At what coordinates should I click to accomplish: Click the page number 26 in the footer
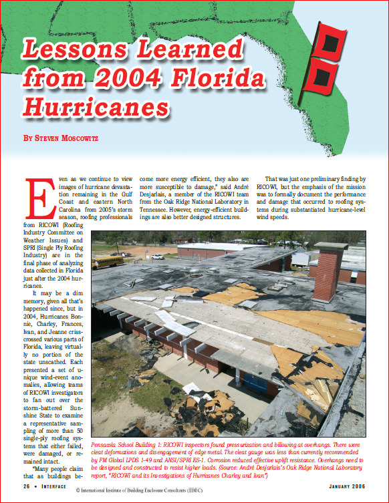pos(29,487)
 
